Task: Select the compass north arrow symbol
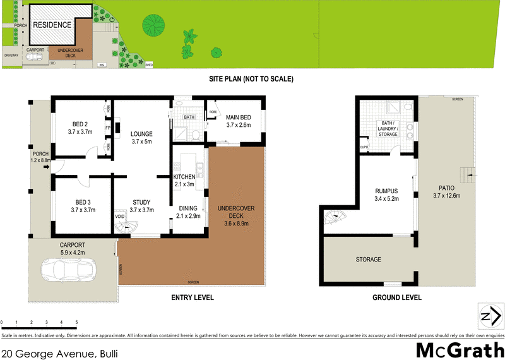(489, 315)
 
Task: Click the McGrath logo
(460, 349)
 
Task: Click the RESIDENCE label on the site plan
(52, 25)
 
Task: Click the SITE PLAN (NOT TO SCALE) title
(252, 79)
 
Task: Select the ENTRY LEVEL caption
(193, 297)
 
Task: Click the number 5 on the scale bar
(76, 322)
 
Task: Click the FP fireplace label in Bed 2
(107, 126)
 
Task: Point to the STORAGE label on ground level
(369, 260)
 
